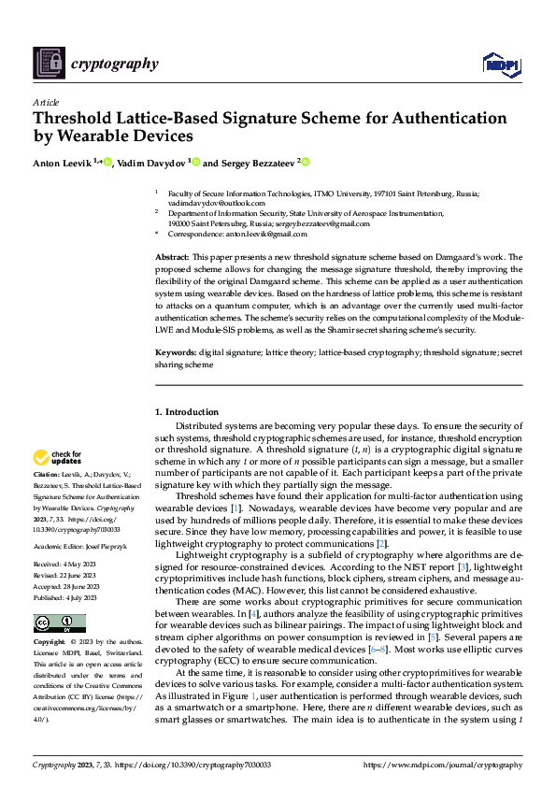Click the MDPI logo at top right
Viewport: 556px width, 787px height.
pyautogui.click(x=500, y=64)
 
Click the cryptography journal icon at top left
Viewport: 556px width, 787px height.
pyautogui.click(x=49, y=63)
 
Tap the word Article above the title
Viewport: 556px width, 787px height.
pyautogui.click(x=45, y=102)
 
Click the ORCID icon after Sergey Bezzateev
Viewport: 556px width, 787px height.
pyautogui.click(x=305, y=162)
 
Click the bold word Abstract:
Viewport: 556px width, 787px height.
pyautogui.click(x=171, y=256)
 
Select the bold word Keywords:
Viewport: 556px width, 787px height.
pyautogui.click(x=175, y=354)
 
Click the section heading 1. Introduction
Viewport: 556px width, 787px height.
pyautogui.click(x=187, y=412)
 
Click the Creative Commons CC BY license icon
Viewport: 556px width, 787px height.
pyautogui.click(x=59, y=623)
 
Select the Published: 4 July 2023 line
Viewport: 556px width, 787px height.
pyautogui.click(x=65, y=596)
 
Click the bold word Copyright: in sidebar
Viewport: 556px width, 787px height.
pyautogui.click(x=50, y=644)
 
